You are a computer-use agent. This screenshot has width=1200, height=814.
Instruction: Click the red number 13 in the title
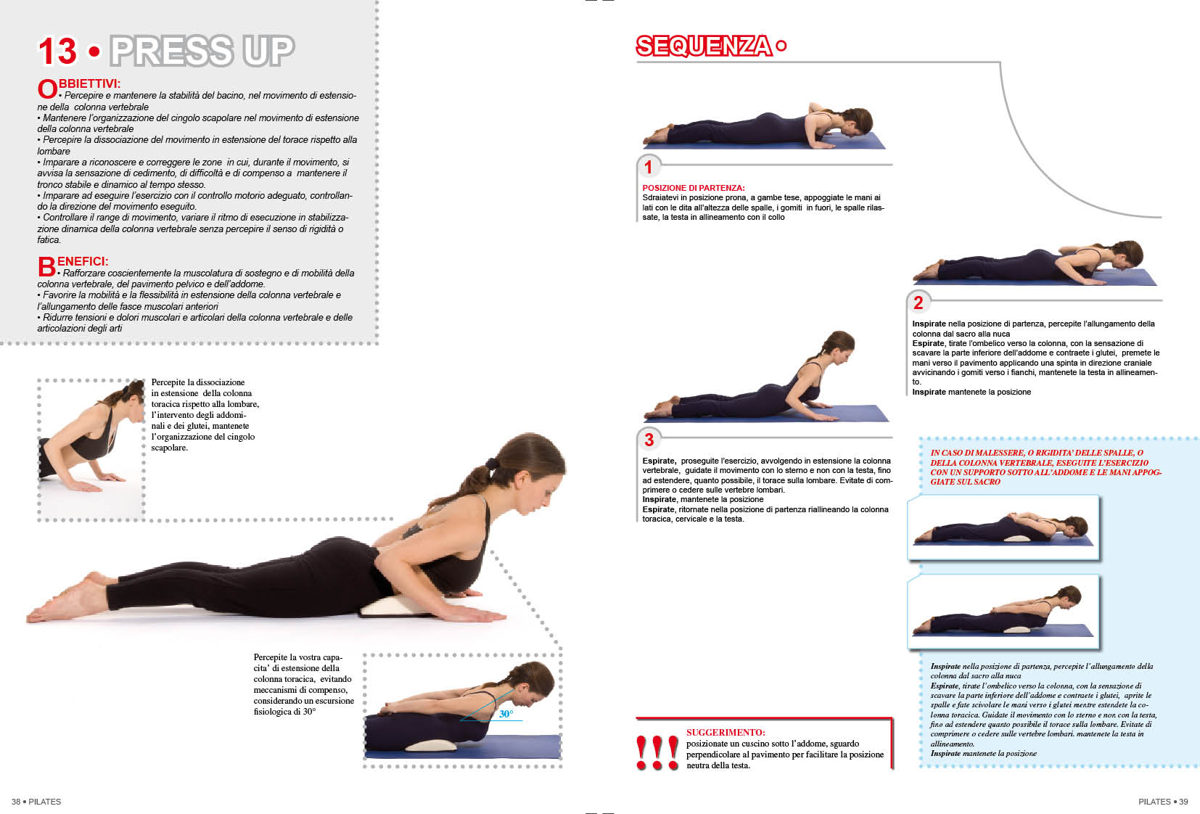click(x=57, y=52)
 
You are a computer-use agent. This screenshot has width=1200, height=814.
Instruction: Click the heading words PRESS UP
click(x=202, y=51)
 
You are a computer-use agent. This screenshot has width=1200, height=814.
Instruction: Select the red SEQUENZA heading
click(x=704, y=46)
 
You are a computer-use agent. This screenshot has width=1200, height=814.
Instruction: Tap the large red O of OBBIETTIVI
click(x=47, y=89)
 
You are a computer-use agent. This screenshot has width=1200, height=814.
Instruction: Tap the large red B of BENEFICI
click(x=46, y=266)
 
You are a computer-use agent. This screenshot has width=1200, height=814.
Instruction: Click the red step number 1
click(x=648, y=167)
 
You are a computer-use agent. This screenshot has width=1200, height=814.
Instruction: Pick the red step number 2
click(x=919, y=303)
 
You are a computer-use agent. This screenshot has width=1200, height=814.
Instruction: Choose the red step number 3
click(x=649, y=440)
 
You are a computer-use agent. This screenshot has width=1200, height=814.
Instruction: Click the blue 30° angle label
click(x=506, y=714)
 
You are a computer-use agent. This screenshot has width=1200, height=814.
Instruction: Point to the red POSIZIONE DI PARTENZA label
click(x=693, y=188)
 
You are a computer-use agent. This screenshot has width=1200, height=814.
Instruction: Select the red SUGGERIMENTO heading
click(x=726, y=732)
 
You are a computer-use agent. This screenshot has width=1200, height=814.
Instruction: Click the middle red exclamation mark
click(x=657, y=752)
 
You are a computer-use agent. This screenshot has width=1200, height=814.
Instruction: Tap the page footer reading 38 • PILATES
click(x=36, y=802)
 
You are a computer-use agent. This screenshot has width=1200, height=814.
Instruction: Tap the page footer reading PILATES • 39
click(x=1163, y=802)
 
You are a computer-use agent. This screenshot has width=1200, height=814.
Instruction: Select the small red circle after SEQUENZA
click(x=781, y=46)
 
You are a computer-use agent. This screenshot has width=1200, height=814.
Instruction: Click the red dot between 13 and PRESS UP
click(x=94, y=52)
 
